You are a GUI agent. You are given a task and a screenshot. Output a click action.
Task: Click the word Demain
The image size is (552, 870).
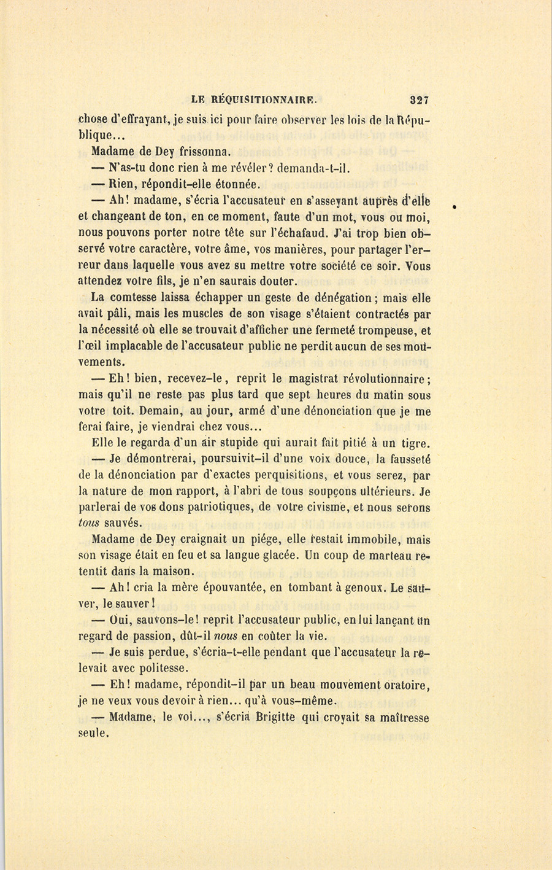[162, 411]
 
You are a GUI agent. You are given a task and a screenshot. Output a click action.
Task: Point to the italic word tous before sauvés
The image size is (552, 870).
[89, 523]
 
